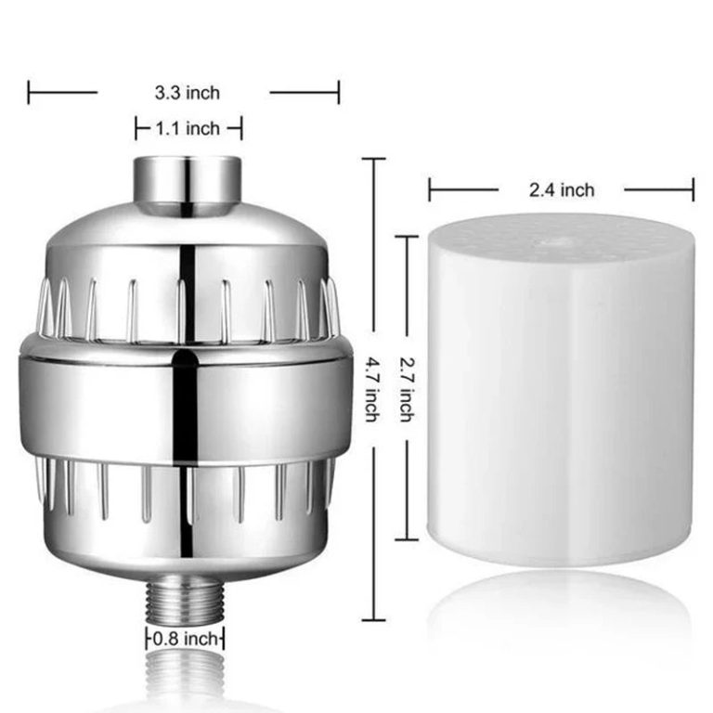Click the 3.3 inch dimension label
(187, 92)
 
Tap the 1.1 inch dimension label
(188, 128)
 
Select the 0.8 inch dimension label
(186, 639)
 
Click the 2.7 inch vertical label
(406, 387)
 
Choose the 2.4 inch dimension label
(562, 190)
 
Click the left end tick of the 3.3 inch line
(29, 92)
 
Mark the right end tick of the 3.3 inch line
(339, 92)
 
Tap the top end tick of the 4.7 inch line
(372, 159)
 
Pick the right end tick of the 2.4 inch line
(693, 190)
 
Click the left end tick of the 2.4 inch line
(430, 190)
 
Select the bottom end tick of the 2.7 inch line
(407, 539)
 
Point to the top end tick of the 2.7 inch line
(407, 237)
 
